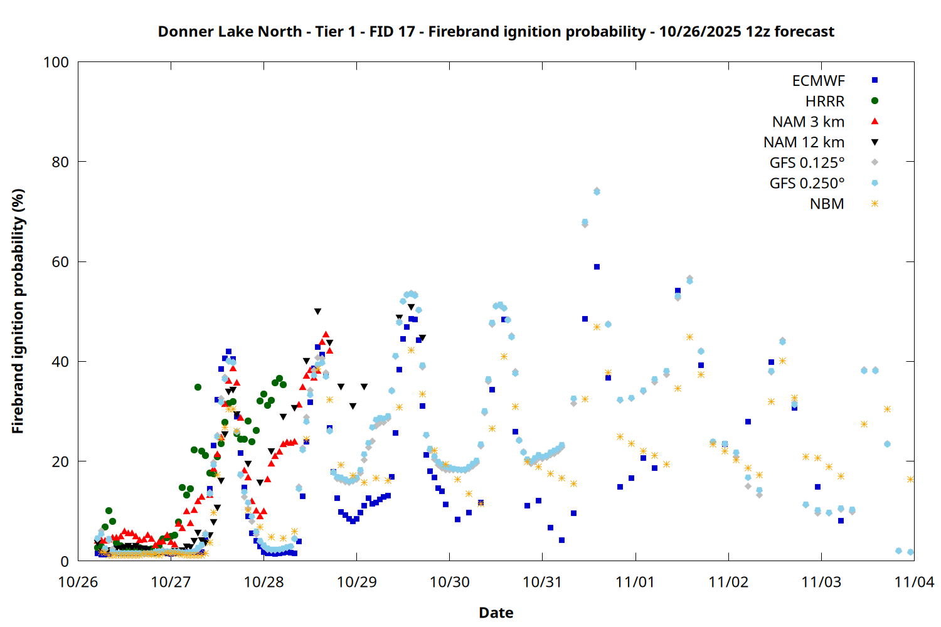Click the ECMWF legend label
click(x=818, y=81)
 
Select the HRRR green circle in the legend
click(x=875, y=101)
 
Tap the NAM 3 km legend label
click(x=808, y=122)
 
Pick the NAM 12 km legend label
click(x=804, y=142)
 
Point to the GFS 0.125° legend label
click(x=807, y=163)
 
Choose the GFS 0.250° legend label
click(x=807, y=184)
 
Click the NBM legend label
click(x=827, y=204)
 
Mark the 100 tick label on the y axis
click(x=56, y=62)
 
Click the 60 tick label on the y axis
click(x=60, y=262)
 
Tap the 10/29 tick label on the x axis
click(x=356, y=582)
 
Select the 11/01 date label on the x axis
click(x=635, y=582)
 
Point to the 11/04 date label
click(x=913, y=582)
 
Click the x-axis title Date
click(x=496, y=613)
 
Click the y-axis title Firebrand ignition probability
click(x=18, y=311)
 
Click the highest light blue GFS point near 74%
click(x=597, y=191)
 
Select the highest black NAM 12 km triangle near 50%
click(x=317, y=312)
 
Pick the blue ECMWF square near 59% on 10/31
click(x=597, y=267)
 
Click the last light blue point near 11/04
click(x=910, y=552)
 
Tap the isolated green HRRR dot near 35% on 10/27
click(x=198, y=387)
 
